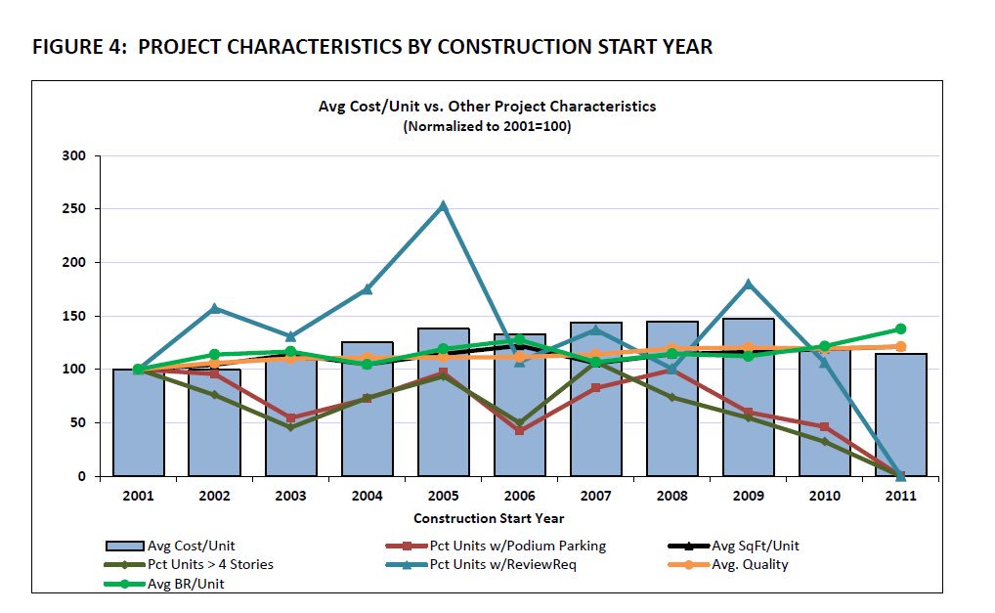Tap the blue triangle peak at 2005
pyautogui.click(x=443, y=206)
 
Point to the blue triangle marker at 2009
pyautogui.click(x=749, y=285)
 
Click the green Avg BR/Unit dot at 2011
pyautogui.click(x=900, y=329)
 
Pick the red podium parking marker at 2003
pyautogui.click(x=290, y=417)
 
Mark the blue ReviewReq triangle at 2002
pyautogui.click(x=214, y=309)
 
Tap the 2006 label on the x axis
pyautogui.click(x=519, y=496)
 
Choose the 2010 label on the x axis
pyautogui.click(x=824, y=496)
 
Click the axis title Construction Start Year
pyautogui.click(x=489, y=518)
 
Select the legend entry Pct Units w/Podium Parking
pyautogui.click(x=517, y=546)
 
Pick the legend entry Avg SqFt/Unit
pyautogui.click(x=756, y=546)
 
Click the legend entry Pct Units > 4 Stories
pyautogui.click(x=210, y=564)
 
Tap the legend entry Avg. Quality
pyautogui.click(x=750, y=564)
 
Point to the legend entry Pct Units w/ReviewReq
pyautogui.click(x=503, y=564)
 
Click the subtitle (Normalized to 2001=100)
pyautogui.click(x=487, y=127)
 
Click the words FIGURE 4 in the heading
pyautogui.click(x=74, y=47)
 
